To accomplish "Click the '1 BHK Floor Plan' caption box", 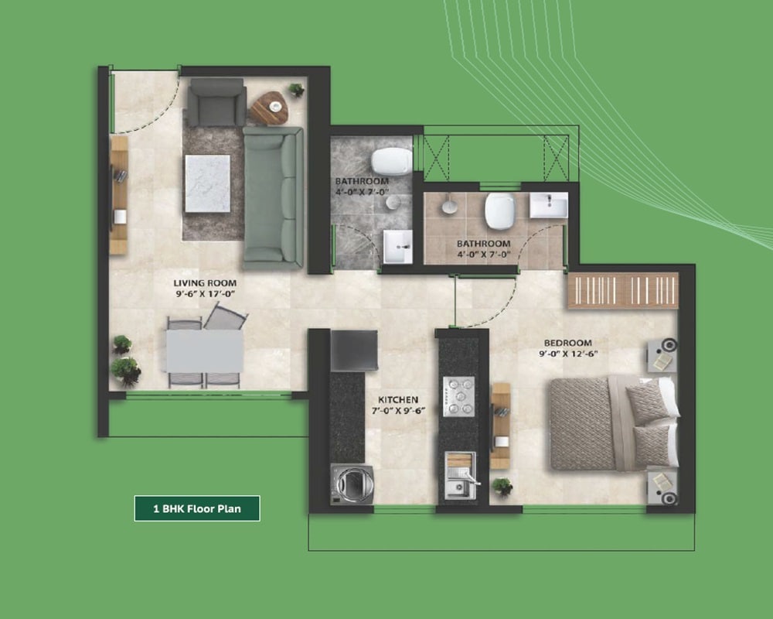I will click(x=196, y=508).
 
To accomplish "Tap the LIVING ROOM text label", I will click(x=205, y=283).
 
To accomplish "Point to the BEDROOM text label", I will click(x=567, y=343).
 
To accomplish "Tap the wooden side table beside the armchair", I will click(x=268, y=108).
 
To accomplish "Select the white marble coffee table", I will click(x=206, y=183).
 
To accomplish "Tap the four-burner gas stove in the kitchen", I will click(x=458, y=396).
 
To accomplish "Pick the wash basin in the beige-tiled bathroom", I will click(x=549, y=205).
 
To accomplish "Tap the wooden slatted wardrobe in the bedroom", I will click(x=623, y=290).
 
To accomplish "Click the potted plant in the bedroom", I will click(x=502, y=487).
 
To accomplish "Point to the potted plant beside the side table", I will click(x=297, y=89).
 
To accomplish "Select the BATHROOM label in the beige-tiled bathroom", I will click(x=482, y=244).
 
